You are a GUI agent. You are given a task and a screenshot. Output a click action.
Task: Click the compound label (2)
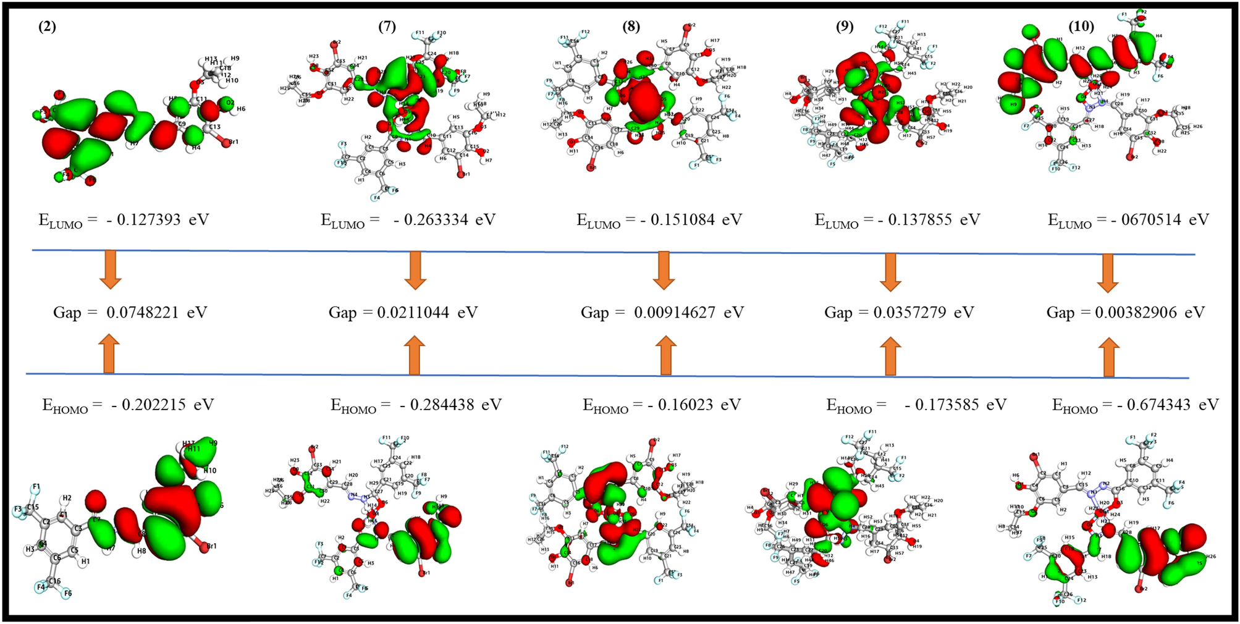tap(47, 27)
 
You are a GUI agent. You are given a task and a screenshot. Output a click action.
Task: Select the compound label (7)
tap(387, 27)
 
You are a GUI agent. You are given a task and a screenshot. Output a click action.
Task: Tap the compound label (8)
tap(631, 27)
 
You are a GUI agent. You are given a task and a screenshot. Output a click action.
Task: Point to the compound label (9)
tap(845, 27)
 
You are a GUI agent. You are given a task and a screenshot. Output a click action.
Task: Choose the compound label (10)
tap(1081, 27)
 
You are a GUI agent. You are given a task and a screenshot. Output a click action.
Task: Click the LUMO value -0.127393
tap(143, 220)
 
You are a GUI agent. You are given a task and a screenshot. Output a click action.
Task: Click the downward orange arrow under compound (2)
tap(111, 270)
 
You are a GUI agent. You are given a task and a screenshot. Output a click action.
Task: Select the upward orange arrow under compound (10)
tap(1108, 357)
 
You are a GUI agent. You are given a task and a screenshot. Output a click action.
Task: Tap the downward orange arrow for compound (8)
tap(664, 271)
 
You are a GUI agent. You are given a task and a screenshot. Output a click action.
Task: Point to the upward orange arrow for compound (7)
tap(414, 355)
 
